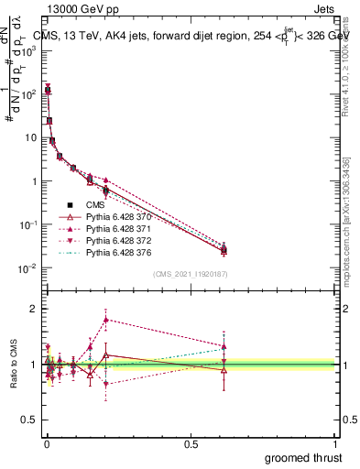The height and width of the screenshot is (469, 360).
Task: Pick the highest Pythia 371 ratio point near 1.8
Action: pyautogui.click(x=106, y=320)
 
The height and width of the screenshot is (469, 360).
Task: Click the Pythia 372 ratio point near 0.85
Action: pyautogui.click(x=106, y=383)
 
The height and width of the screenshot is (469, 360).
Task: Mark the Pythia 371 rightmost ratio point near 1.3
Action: pyautogui.click(x=224, y=346)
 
